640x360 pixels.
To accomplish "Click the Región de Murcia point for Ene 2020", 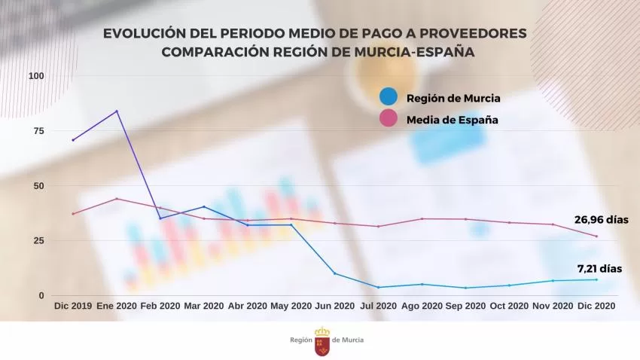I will point(116,111).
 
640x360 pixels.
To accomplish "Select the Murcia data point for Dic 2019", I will point(73,140).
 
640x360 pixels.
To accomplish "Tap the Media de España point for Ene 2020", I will point(116,199).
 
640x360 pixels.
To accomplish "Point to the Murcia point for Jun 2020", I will point(334,273).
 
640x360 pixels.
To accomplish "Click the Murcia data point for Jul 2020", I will point(378,287).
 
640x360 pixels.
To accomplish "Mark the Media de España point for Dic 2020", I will point(596,236).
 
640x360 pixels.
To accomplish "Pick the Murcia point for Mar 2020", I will point(203,206).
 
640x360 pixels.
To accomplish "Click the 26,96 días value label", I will point(602,220).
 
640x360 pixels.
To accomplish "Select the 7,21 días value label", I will point(599,268).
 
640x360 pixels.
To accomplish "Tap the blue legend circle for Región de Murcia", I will point(389,97).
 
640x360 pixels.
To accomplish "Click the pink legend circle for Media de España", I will point(389,119).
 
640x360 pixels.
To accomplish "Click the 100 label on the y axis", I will point(36,76).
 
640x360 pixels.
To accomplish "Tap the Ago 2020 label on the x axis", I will point(422,307).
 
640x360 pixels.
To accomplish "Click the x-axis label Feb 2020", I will point(160,307).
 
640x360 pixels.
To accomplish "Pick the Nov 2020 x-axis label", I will point(553,307).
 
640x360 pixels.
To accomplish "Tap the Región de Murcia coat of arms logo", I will point(322,341).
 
